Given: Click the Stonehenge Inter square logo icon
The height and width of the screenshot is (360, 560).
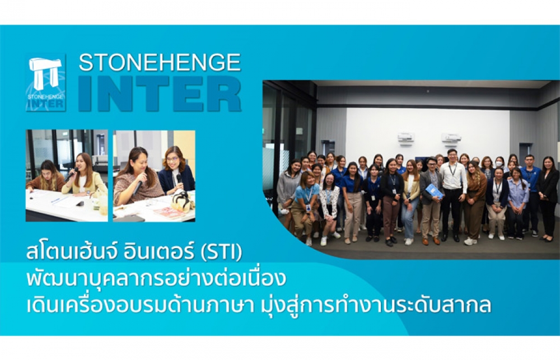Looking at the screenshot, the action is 46,82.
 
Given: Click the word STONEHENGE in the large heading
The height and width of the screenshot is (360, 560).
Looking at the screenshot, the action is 160,63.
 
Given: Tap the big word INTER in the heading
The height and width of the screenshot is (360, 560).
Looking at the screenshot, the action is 160,93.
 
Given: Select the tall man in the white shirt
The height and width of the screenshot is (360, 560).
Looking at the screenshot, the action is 452,195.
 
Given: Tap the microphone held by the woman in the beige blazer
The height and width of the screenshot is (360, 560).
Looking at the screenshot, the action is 71,174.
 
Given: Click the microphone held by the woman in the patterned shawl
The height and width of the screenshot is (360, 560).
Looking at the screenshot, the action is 138,188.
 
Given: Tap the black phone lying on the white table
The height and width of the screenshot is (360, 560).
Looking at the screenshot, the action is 80,204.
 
